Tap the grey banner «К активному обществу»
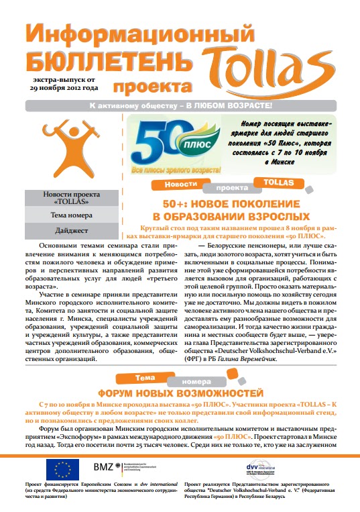[x=180, y=106]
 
